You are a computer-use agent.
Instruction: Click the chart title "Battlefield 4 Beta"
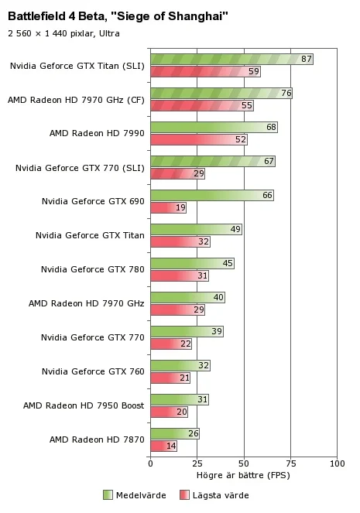(x=56, y=15)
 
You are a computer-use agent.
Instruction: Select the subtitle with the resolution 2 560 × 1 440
(x=63, y=33)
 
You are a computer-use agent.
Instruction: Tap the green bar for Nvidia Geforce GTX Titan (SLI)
(x=231, y=60)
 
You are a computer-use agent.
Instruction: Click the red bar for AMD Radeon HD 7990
(x=199, y=140)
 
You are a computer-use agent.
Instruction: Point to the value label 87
(x=307, y=59)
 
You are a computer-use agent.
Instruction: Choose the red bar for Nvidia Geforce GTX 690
(x=168, y=207)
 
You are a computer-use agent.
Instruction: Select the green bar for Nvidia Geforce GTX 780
(x=193, y=263)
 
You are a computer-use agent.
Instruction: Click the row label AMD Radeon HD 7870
(x=97, y=439)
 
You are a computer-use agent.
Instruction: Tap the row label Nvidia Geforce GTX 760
(x=93, y=371)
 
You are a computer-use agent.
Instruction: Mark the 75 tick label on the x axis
(x=290, y=463)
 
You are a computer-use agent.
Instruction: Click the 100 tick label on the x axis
(x=337, y=463)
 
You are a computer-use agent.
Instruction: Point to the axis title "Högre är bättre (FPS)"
(x=243, y=475)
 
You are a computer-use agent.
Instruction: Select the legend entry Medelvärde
(x=135, y=495)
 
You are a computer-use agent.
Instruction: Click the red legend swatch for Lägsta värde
(x=184, y=495)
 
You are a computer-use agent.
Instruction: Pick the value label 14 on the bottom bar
(x=171, y=446)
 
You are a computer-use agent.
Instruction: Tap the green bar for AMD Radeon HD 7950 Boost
(x=180, y=399)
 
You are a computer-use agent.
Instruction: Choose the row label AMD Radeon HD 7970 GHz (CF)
(x=76, y=100)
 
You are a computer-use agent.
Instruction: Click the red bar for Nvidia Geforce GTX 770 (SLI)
(x=178, y=174)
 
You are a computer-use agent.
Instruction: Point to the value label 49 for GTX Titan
(x=235, y=229)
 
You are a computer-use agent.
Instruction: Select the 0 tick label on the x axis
(x=150, y=463)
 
